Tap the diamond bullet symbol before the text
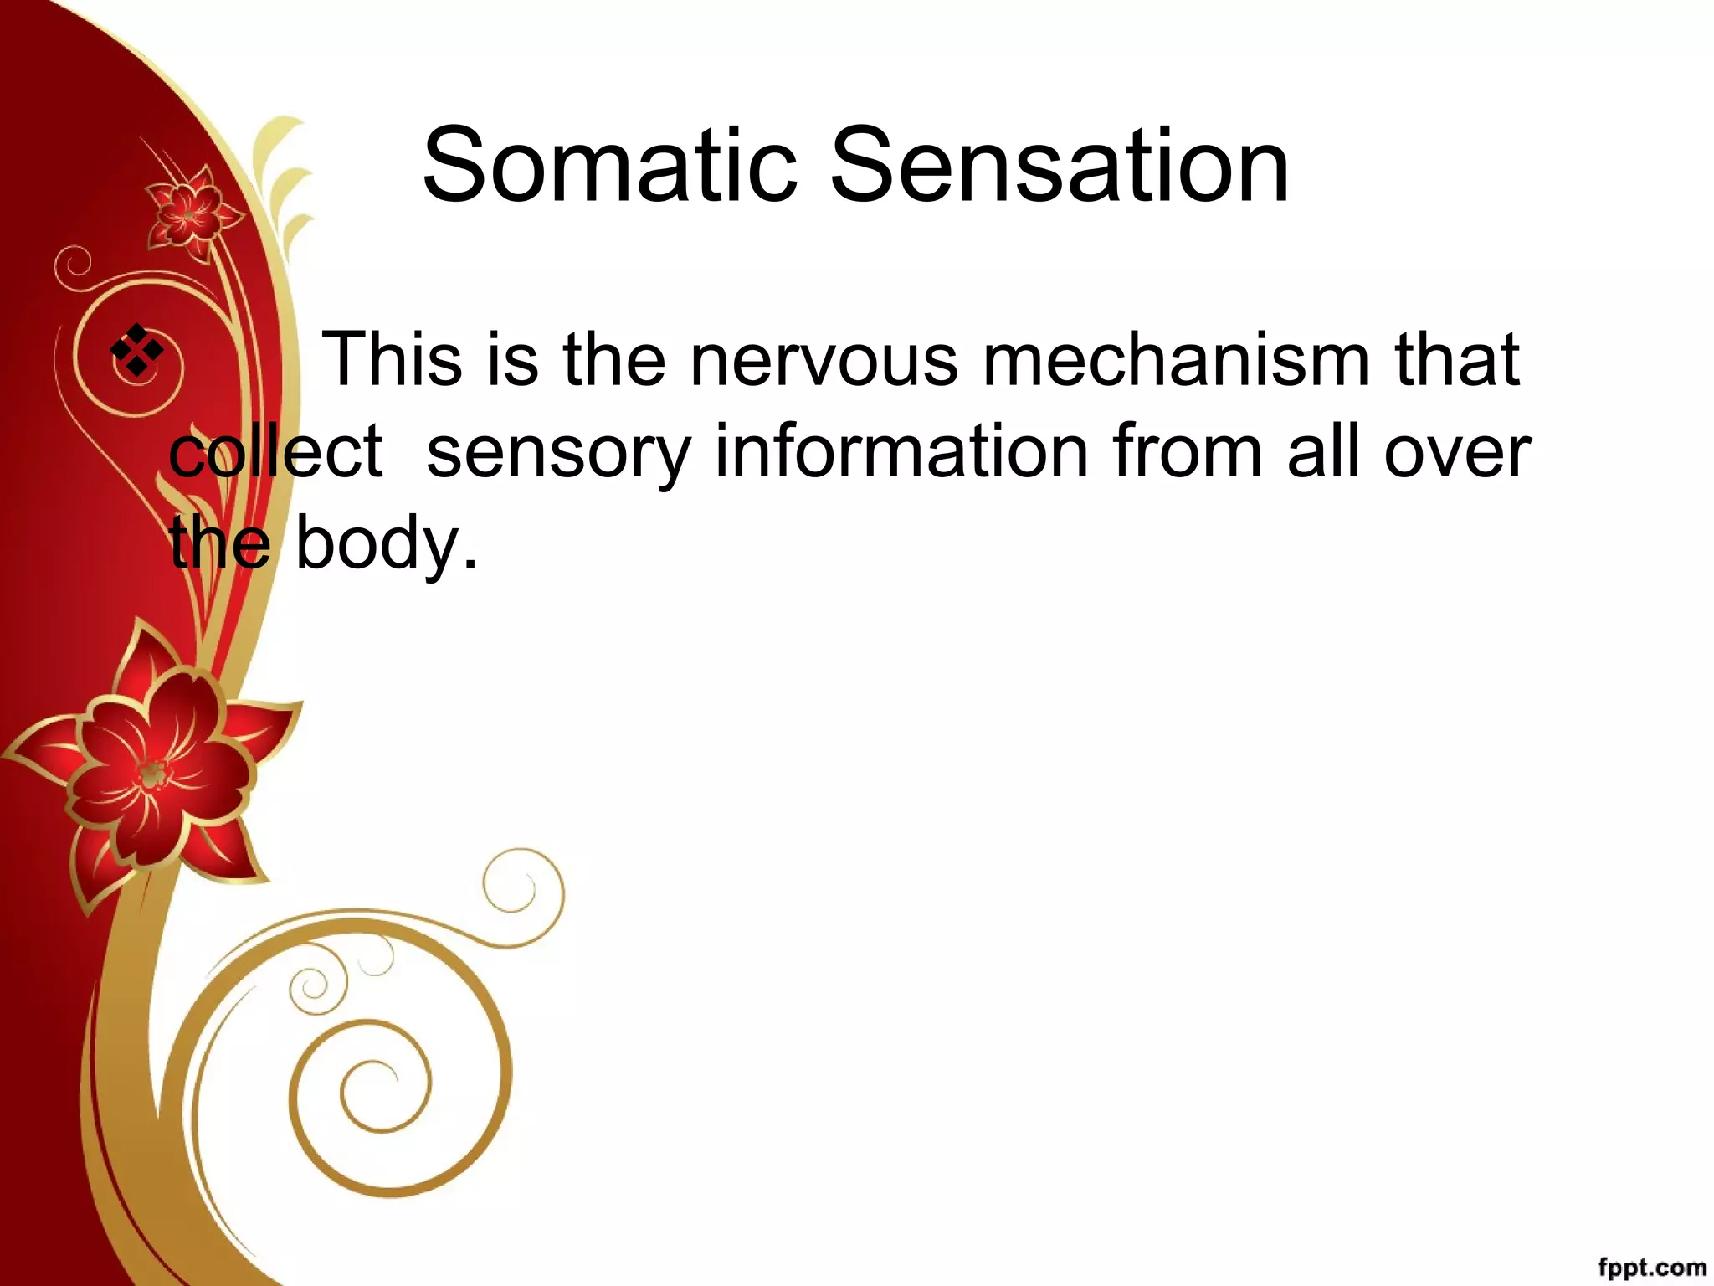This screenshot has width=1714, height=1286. click(x=137, y=349)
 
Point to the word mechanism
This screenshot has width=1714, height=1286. click(x=1175, y=360)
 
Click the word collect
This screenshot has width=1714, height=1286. click(x=275, y=452)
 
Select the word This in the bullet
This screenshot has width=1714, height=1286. click(x=392, y=360)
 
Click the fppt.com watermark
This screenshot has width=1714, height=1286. click(x=1651, y=1268)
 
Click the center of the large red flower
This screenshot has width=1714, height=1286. click(x=153, y=774)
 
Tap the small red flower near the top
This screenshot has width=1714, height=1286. click(x=189, y=215)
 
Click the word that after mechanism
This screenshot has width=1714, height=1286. click(x=1456, y=360)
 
